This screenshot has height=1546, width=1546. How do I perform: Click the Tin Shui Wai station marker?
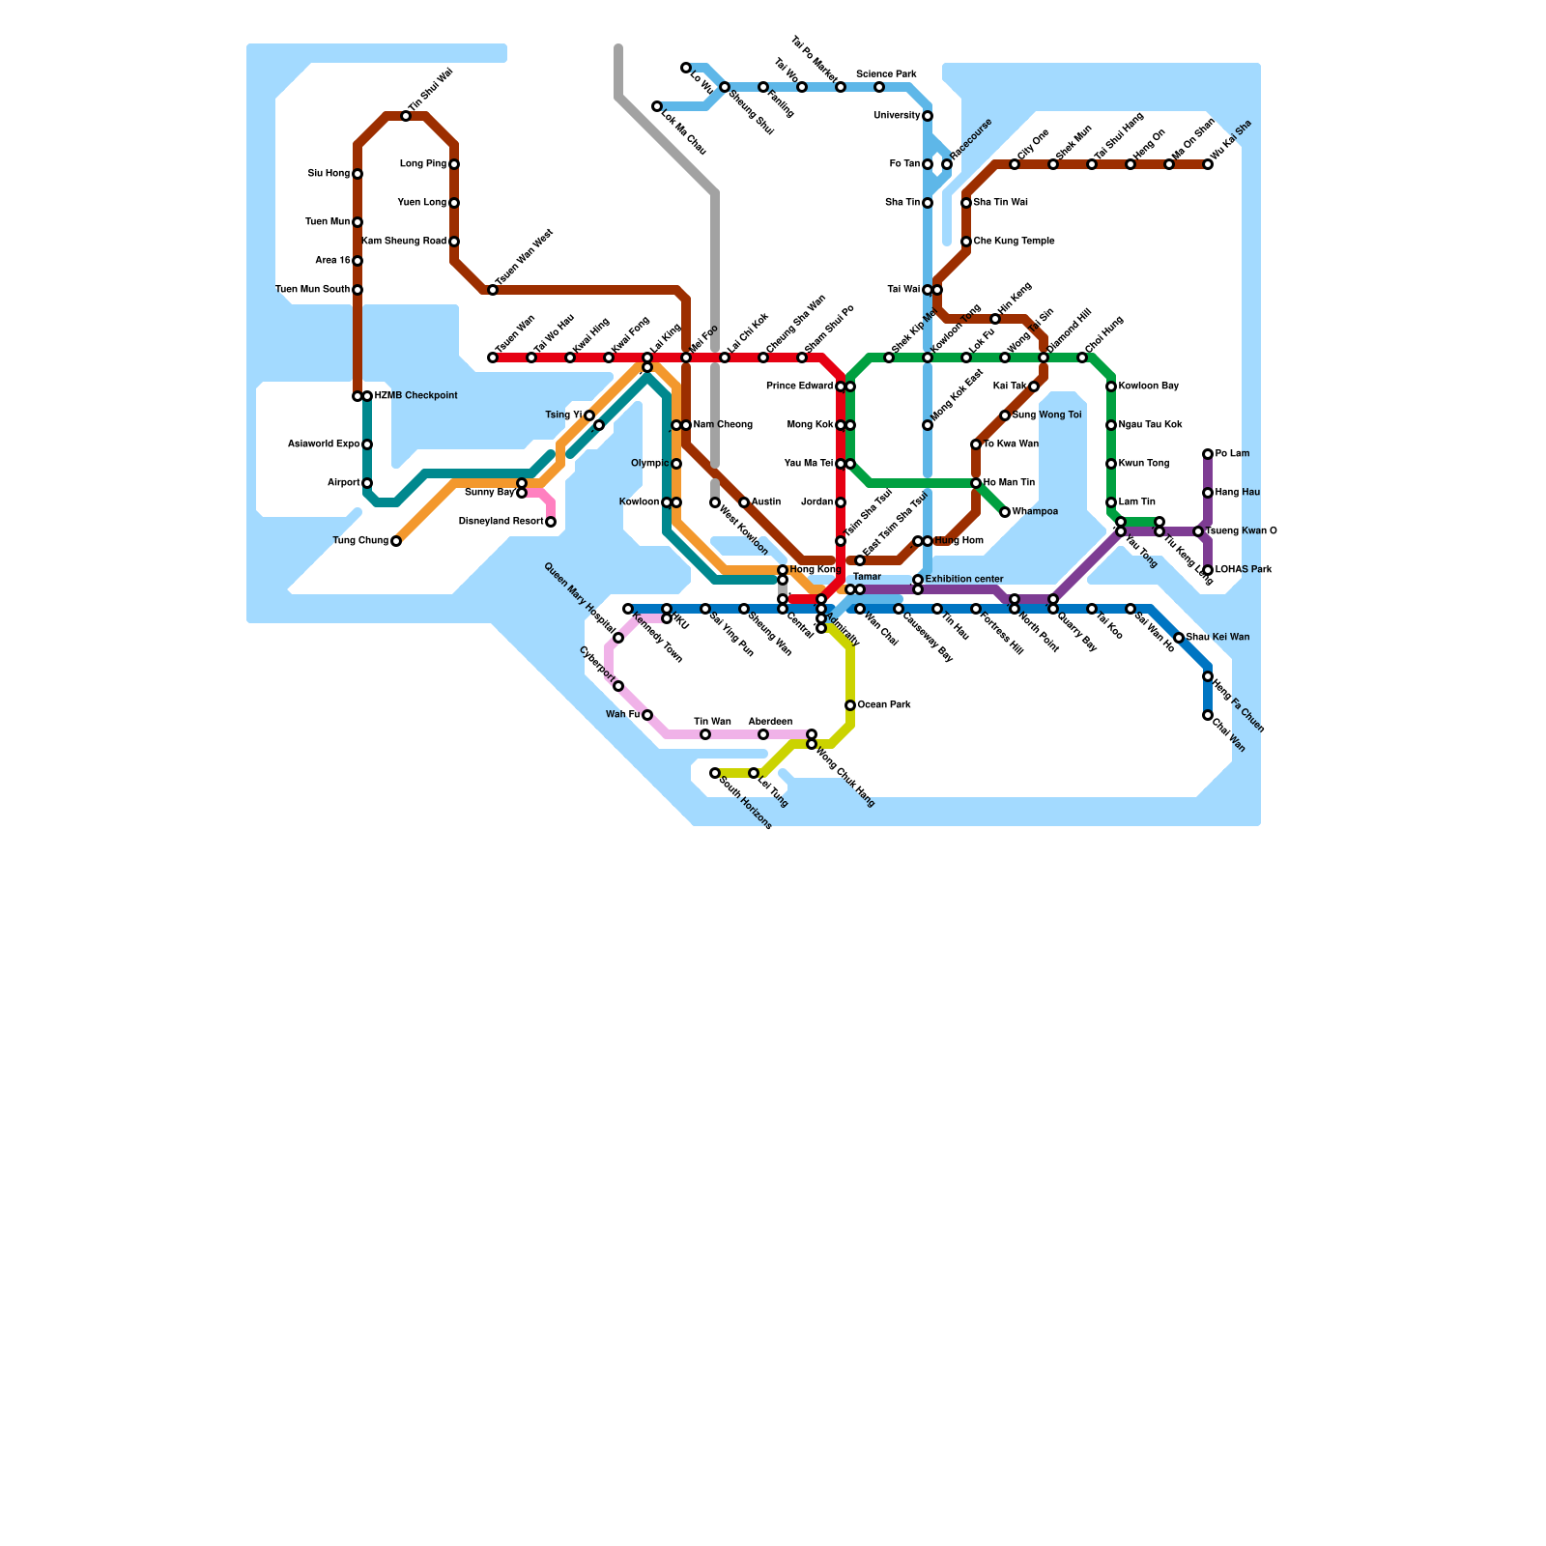coord(406,116)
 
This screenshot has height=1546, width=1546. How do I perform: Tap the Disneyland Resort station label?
coord(501,522)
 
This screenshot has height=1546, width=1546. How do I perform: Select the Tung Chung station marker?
coord(396,541)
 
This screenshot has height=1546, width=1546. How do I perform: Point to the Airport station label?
coord(344,483)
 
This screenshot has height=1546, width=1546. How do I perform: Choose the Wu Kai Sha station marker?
coord(1208,164)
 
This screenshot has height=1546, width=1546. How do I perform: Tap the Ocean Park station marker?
coord(850,705)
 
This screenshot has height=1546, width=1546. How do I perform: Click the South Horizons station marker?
coord(715,773)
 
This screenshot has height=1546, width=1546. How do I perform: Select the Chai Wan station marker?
coord(1208,715)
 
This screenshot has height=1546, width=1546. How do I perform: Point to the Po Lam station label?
coord(1233,454)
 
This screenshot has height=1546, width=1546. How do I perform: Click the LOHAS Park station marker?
coord(1208,570)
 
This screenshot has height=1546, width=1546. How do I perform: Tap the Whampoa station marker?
coord(1005,512)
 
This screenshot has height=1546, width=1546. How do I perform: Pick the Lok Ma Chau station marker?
coord(657,106)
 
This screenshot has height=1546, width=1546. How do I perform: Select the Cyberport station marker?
coord(618,686)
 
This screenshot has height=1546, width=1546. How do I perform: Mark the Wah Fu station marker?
coord(647,715)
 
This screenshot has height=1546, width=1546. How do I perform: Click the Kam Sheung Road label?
coord(404,242)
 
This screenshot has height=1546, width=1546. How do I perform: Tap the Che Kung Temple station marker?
coord(966,242)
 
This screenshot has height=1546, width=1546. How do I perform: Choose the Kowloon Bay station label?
coord(1149,386)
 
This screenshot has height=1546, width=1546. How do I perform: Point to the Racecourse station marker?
coord(947,164)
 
